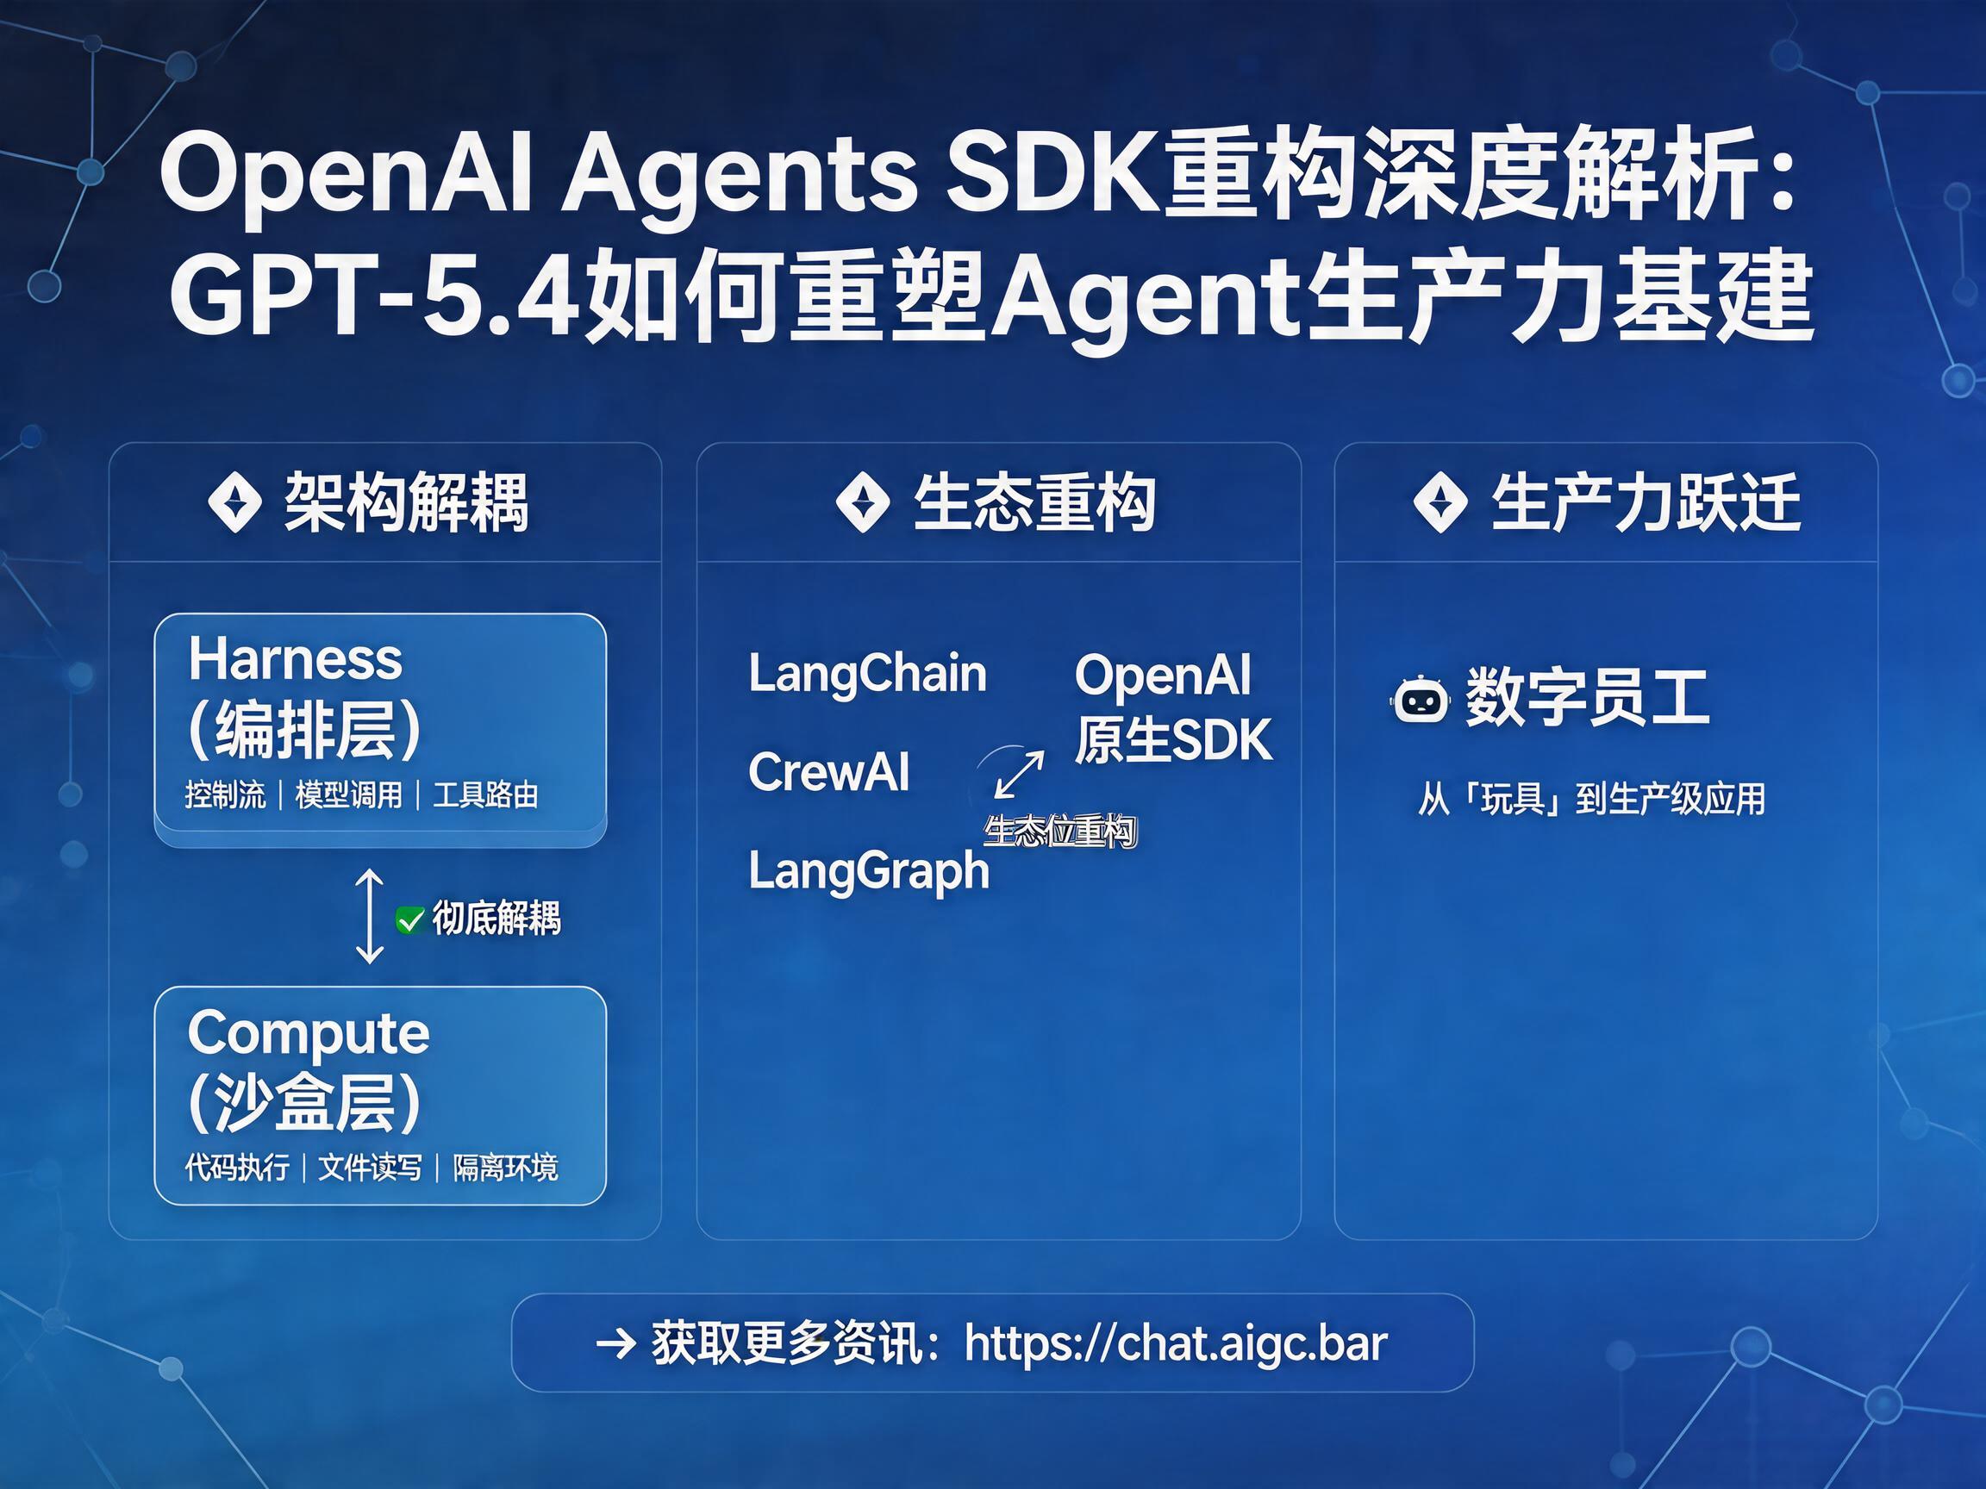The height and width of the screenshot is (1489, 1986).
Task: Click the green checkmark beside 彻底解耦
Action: (410, 920)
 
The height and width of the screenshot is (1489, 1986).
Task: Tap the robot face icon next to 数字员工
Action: (1420, 699)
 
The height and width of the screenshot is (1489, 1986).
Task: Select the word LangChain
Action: (867, 674)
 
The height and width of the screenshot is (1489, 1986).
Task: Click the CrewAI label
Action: (828, 772)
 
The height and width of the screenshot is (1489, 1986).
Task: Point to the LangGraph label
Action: (869, 871)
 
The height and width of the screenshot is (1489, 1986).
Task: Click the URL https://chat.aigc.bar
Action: (1176, 1343)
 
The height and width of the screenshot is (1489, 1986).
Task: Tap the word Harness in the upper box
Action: (296, 659)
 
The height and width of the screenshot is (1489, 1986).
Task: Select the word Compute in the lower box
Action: (309, 1034)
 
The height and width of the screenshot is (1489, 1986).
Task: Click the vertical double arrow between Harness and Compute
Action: (370, 916)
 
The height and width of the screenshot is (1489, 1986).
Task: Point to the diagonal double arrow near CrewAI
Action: (1020, 774)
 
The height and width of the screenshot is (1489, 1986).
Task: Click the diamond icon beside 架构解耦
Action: (235, 502)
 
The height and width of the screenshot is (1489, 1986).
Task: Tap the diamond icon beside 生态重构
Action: (863, 502)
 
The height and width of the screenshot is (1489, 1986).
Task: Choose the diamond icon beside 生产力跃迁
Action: (1441, 502)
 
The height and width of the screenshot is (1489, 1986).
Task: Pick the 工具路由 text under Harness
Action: (486, 795)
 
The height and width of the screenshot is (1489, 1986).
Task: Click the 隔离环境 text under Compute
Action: (505, 1168)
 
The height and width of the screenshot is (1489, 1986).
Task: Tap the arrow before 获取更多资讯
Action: (616, 1344)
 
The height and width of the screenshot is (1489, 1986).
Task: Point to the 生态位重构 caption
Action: (1060, 832)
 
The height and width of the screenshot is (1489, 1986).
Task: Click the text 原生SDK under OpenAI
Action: (1174, 739)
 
